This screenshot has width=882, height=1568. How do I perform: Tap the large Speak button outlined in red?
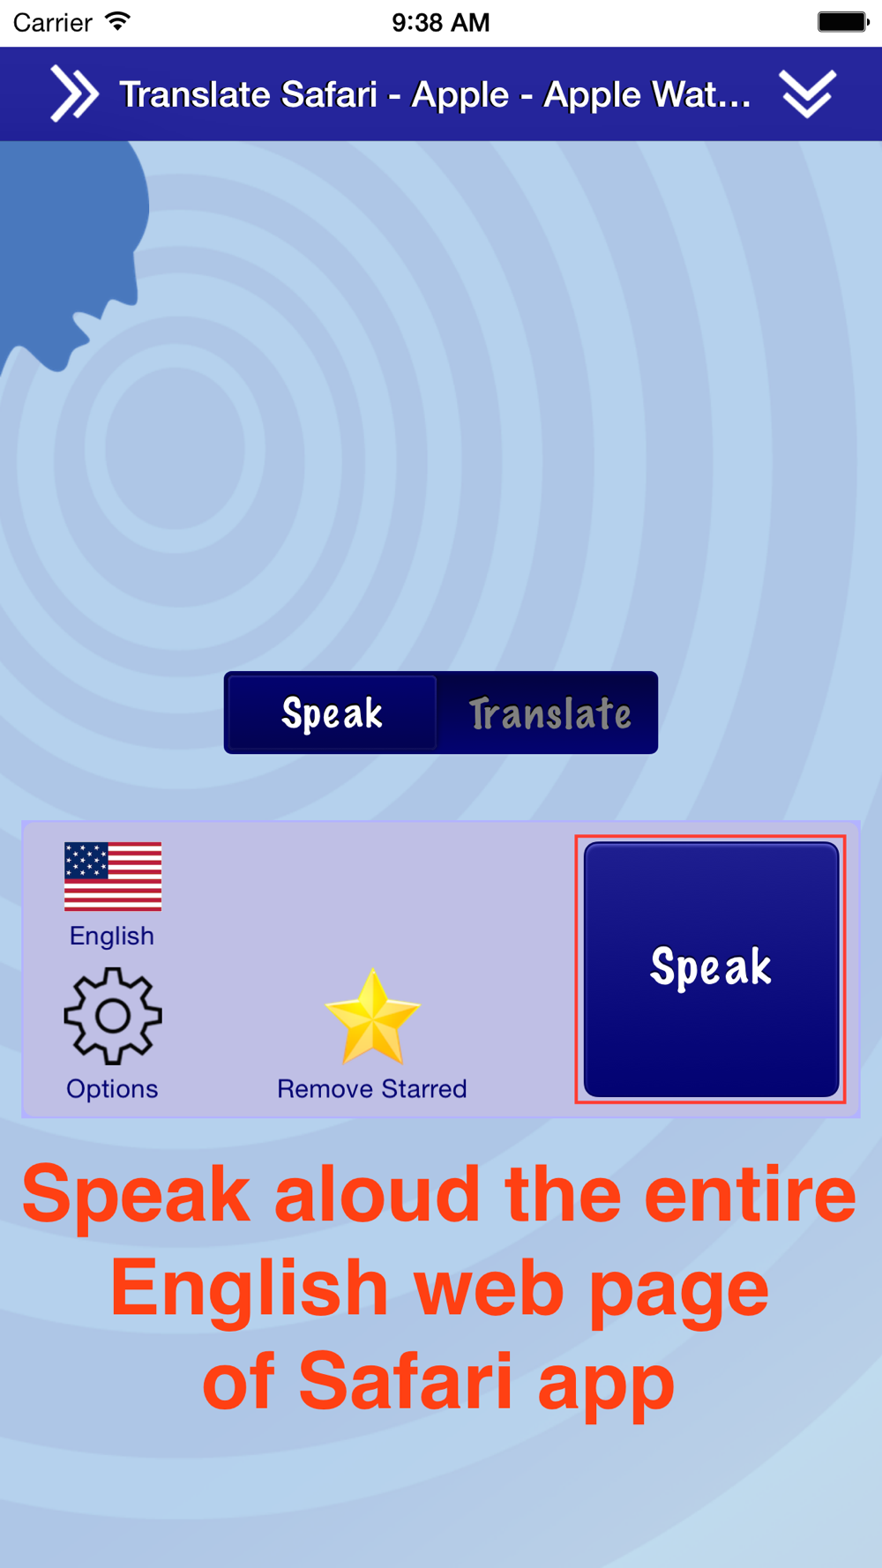[711, 969]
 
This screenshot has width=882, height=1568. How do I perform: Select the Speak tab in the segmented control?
[333, 713]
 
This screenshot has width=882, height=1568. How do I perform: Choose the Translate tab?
[549, 713]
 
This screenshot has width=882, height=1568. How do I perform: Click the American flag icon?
[113, 876]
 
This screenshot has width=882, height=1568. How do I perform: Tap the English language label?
[112, 936]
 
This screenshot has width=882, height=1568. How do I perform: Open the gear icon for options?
[113, 1016]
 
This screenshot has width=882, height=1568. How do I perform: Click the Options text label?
[112, 1089]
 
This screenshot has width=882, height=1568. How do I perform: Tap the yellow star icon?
[372, 1016]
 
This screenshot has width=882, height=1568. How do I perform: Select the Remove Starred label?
[372, 1089]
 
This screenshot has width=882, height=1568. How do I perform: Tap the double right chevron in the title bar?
[74, 93]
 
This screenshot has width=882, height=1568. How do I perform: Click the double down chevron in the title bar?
[807, 93]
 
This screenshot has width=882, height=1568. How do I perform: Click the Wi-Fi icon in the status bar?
[117, 20]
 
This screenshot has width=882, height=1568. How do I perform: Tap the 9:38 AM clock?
[441, 22]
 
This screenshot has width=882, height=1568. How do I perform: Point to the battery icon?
[843, 21]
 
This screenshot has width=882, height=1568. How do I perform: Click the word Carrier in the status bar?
[53, 22]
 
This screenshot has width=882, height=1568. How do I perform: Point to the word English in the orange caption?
[250, 1289]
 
